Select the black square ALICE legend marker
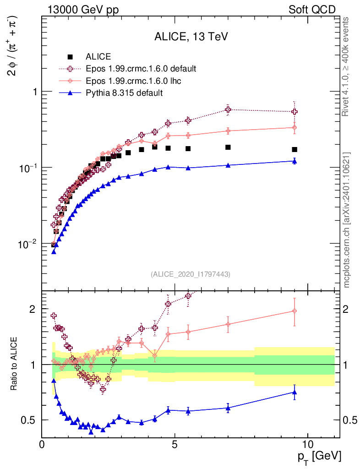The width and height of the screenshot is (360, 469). (x=70, y=57)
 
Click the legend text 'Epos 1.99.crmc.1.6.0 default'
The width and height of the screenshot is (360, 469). (x=141, y=69)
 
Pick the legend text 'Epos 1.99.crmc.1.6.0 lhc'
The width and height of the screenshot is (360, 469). (x=133, y=81)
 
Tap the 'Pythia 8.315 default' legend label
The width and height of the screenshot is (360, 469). (x=124, y=93)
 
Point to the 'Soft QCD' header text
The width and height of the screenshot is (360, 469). (x=312, y=10)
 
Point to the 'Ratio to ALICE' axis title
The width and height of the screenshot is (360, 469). (x=15, y=365)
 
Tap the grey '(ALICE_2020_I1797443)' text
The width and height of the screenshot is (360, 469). (x=191, y=274)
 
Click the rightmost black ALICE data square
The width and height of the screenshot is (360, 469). (x=295, y=150)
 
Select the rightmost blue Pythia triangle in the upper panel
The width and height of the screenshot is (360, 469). (x=295, y=161)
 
